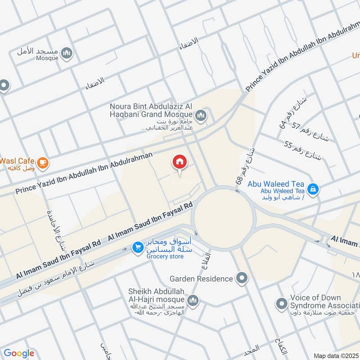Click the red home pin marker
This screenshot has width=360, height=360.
point(180,162)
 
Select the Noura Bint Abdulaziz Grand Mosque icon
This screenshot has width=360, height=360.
point(201,116)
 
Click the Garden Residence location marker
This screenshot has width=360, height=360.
point(242,279)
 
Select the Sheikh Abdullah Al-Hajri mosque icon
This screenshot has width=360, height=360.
point(193,300)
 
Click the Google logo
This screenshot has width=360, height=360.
point(19,353)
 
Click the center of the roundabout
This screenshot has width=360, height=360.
point(223,216)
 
